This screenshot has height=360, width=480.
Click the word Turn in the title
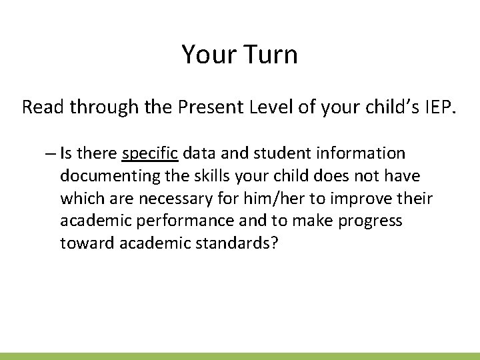click(x=269, y=55)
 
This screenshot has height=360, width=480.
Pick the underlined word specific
click(x=151, y=154)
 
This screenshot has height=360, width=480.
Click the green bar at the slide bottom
click(x=240, y=356)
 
